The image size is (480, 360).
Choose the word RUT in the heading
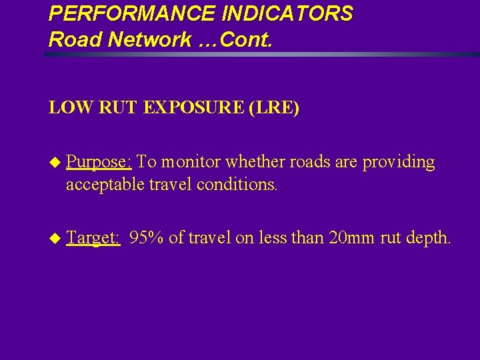[x=121, y=107]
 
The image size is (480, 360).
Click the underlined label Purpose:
[x=99, y=162]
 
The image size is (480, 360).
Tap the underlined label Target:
[x=93, y=237]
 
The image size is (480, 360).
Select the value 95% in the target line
[x=147, y=237]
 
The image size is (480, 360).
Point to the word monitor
[x=190, y=162]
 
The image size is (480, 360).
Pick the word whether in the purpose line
[x=254, y=162]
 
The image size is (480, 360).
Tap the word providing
[x=398, y=162]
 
